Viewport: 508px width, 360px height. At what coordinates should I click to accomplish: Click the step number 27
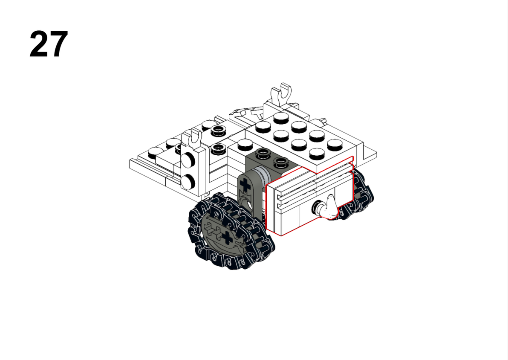click(x=49, y=44)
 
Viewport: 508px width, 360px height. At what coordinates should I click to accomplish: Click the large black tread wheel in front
click(x=231, y=231)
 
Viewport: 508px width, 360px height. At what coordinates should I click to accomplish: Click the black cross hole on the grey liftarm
click(x=245, y=185)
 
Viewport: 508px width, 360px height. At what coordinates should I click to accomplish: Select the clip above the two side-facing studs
click(x=194, y=138)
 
